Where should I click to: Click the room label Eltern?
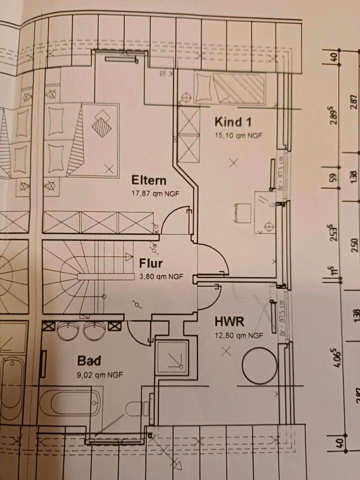tap(148, 180)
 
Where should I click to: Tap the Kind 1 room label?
tap(233, 122)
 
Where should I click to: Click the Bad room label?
tap(89, 360)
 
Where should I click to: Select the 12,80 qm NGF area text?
tap(237, 335)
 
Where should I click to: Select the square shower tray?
tap(172, 357)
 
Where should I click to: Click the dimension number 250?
tap(354, 246)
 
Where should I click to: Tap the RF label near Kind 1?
tap(163, 74)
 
